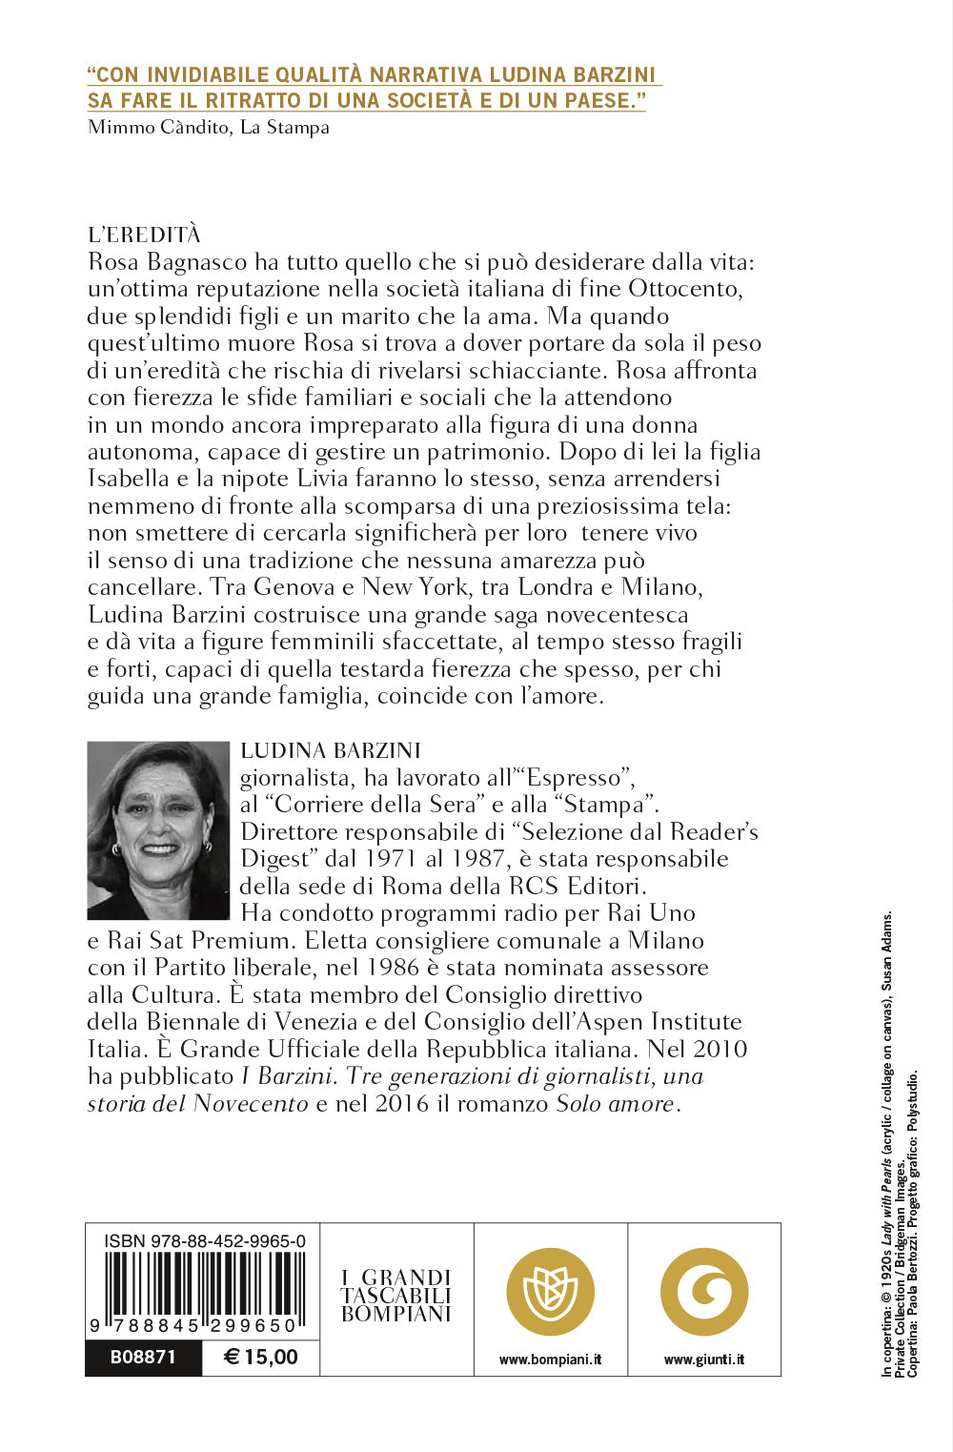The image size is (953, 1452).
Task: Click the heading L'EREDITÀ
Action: pyautogui.click(x=144, y=235)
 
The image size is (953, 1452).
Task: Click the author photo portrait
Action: pyautogui.click(x=158, y=830)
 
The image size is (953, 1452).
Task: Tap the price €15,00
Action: pyautogui.click(x=261, y=1357)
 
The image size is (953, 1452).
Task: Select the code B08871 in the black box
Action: pyautogui.click(x=143, y=1357)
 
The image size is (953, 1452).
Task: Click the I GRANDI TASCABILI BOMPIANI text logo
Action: pyautogui.click(x=395, y=1296)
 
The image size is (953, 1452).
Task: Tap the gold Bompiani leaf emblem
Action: pyautogui.click(x=550, y=1292)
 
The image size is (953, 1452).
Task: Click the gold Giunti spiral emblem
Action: pyautogui.click(x=704, y=1292)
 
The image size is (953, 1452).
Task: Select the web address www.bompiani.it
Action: pyautogui.click(x=550, y=1360)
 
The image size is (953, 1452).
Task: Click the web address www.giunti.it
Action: pyautogui.click(x=704, y=1360)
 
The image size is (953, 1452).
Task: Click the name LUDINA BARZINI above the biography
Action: pyautogui.click(x=331, y=750)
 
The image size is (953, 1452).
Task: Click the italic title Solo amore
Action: pyautogui.click(x=616, y=1104)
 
